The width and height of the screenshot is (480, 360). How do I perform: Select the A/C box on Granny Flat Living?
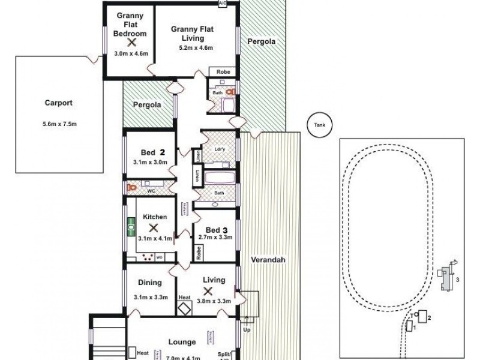[x=222, y=4]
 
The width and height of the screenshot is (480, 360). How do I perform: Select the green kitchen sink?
[x=130, y=226]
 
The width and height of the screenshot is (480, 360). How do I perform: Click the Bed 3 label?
[x=215, y=230]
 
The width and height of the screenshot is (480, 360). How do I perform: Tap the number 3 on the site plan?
[x=458, y=280]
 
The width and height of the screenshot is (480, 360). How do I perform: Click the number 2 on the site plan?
[x=430, y=316]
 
